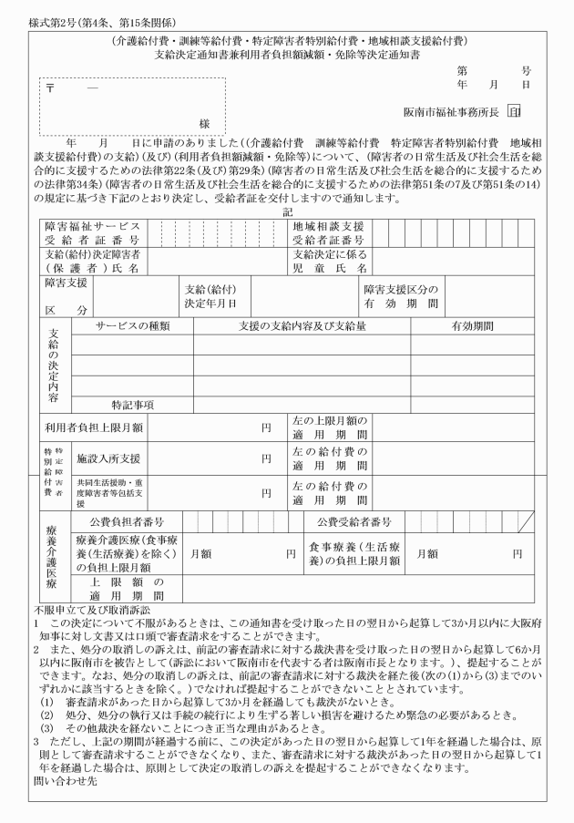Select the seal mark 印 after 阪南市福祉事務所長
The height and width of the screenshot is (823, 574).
(515, 112)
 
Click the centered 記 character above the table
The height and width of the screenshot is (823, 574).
(287, 211)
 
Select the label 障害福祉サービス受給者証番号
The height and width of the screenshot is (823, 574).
(93, 232)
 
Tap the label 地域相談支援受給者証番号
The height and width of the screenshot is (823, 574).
(328, 232)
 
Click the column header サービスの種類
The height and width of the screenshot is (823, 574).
(132, 325)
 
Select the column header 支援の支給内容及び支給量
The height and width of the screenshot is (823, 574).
(302, 325)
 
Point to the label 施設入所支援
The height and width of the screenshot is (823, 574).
(108, 458)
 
